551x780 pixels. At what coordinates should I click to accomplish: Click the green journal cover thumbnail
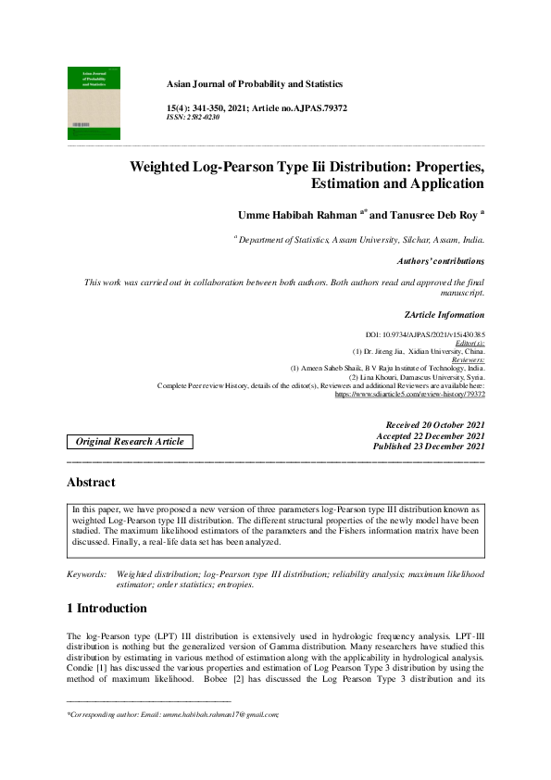coord(94,102)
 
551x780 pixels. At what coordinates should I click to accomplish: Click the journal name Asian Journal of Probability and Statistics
coord(254,83)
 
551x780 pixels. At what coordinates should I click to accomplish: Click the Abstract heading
coord(91,483)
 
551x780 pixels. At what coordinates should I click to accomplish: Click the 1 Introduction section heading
coord(106,609)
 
